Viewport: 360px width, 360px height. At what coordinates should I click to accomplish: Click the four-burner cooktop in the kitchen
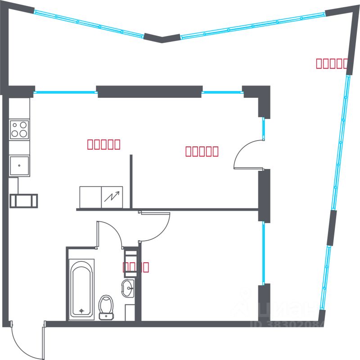19,129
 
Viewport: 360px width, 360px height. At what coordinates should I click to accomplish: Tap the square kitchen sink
19,166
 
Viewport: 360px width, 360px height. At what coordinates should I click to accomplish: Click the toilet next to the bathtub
106,306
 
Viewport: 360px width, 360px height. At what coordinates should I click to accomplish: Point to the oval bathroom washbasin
128,288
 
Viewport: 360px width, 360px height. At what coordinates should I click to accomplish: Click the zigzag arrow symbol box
112,197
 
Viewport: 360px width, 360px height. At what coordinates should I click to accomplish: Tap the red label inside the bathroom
136,267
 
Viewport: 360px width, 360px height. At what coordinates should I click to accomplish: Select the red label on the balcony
332,64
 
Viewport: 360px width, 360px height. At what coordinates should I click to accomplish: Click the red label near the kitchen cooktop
103,144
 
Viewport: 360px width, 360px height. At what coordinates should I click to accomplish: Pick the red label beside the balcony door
202,151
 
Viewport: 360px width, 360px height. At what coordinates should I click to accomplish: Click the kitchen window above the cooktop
66,92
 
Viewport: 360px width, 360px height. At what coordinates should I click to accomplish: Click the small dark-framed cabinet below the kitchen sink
23,201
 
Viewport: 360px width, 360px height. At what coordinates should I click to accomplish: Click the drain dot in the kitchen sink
19,165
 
